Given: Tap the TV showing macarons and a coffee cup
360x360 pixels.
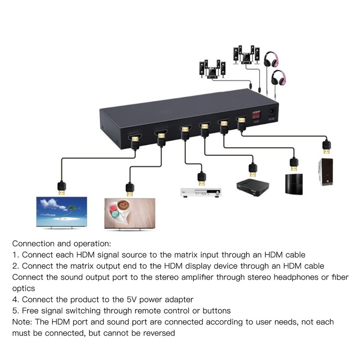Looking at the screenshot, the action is click(130, 214).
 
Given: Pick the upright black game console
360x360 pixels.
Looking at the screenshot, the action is click(294, 183).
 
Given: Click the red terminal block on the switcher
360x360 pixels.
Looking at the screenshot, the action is click(256, 114).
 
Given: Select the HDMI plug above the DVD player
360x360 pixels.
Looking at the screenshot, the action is click(202, 179).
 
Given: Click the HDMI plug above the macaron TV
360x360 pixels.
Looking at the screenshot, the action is click(130, 189).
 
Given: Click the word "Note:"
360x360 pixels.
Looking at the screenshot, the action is click(22, 322).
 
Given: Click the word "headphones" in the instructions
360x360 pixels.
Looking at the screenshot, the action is click(292, 277).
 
